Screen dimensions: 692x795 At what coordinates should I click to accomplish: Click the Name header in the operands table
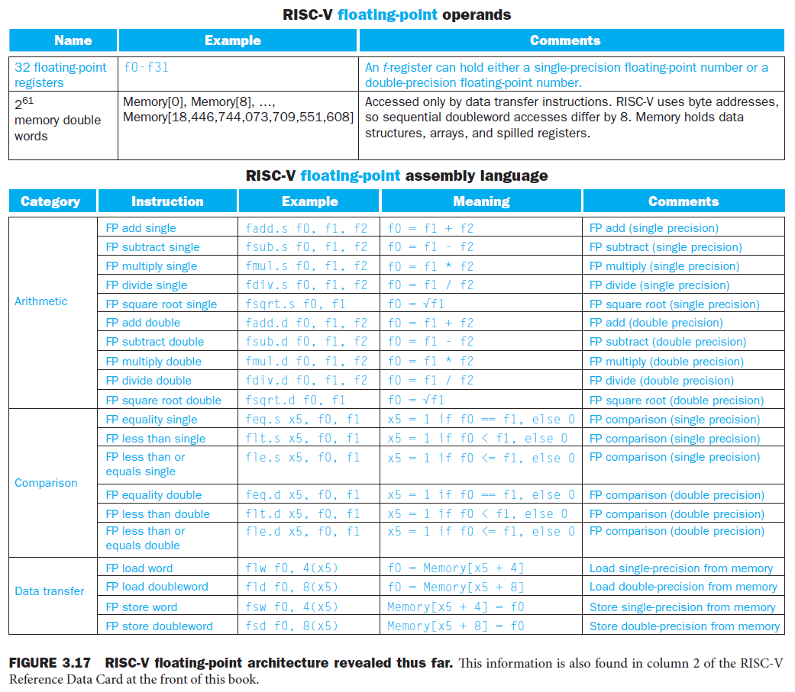coord(73,40)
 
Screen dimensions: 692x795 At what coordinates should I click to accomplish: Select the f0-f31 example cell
coord(146,67)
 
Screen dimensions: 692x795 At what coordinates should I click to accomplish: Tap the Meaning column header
coord(481,201)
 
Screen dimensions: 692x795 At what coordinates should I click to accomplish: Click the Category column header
coord(50,201)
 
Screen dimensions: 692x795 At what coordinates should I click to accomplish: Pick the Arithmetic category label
coord(40,301)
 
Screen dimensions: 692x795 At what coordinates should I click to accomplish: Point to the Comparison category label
coord(46,483)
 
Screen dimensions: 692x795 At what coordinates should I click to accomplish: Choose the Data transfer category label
coord(50,591)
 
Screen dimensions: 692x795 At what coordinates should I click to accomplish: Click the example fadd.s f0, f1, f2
coord(306,228)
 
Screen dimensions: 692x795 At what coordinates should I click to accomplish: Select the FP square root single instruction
coord(161,304)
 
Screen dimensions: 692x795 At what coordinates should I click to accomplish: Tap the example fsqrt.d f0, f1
coord(296,401)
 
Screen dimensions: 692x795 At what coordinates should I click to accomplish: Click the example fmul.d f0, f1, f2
coord(306,362)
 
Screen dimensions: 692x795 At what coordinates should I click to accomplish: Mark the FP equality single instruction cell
coord(151,420)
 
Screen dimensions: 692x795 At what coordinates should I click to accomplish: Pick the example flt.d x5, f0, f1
coord(302,514)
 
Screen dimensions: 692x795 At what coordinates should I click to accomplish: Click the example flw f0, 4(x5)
coord(291,568)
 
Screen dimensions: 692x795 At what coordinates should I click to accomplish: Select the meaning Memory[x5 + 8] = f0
coord(456,626)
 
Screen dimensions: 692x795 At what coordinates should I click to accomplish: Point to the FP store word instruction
coord(141,607)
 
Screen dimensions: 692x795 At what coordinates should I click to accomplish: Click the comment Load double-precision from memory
coord(683,587)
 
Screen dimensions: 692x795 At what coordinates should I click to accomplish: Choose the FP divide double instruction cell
coord(148,381)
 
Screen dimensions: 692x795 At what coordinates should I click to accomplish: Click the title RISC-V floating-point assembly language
coord(396,175)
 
